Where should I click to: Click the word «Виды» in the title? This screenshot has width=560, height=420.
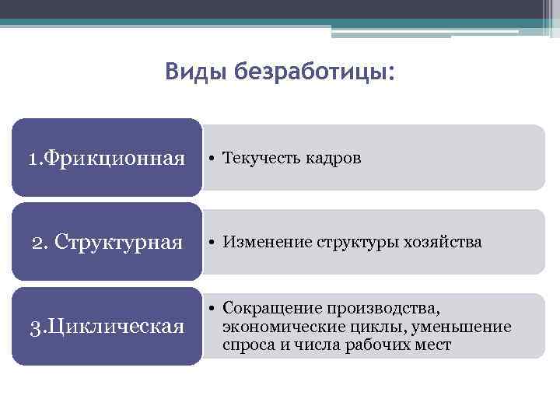[187, 72]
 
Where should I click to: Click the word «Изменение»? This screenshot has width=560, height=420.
[260, 242]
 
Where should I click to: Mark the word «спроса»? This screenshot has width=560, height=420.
[246, 345]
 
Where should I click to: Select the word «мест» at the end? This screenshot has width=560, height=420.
[432, 345]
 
